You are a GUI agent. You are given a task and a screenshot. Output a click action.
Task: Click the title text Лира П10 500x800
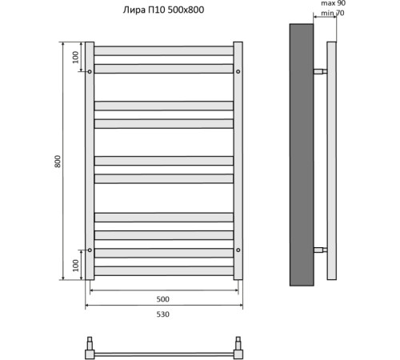point(163,10)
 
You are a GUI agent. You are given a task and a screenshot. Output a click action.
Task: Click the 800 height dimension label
point(58,161)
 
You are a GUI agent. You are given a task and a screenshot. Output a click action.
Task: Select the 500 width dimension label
point(162,299)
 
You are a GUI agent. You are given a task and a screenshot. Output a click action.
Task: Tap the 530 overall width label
point(162,314)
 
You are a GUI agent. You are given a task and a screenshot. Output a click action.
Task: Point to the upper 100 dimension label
point(76,57)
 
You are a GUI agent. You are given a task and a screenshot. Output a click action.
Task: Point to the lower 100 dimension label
point(76,266)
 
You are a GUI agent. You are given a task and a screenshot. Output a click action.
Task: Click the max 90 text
point(333,3)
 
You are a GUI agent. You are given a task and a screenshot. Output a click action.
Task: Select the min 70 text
point(333,13)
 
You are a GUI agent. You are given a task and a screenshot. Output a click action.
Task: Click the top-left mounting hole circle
point(90,71)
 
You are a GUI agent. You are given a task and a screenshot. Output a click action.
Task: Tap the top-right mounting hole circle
point(238,71)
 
